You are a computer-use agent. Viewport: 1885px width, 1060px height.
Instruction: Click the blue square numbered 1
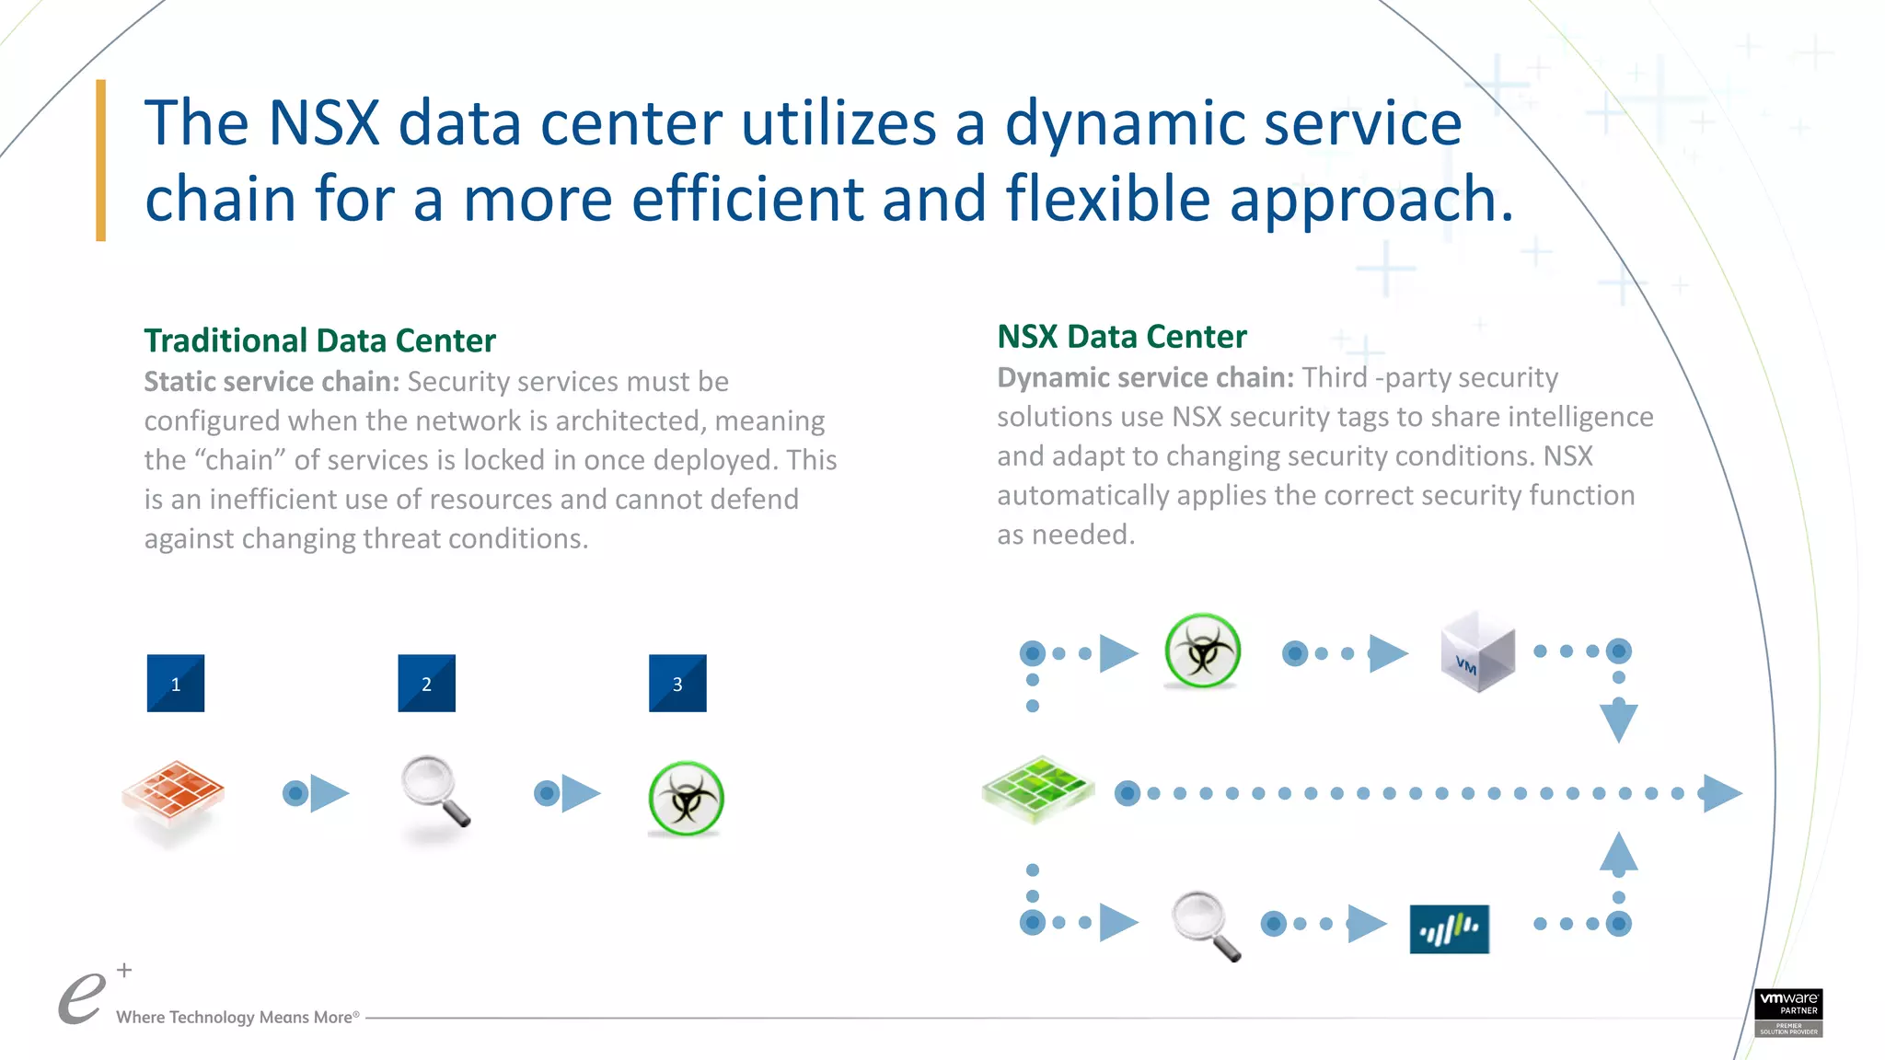(176, 684)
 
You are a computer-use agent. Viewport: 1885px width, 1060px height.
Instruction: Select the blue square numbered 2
(426, 684)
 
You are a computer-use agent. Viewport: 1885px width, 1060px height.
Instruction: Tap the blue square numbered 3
(677, 684)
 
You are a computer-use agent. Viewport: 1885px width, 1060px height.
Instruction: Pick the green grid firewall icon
(1038, 789)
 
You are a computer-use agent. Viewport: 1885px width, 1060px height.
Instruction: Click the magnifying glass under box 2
(434, 790)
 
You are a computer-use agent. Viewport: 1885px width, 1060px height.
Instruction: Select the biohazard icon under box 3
(686, 798)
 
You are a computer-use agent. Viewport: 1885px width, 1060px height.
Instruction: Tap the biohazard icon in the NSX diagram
(1202, 651)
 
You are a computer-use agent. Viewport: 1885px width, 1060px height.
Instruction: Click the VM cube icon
(1477, 652)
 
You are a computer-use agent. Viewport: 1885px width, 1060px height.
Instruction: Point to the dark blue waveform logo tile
(1449, 929)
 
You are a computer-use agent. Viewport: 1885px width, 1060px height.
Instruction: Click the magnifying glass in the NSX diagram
(1205, 924)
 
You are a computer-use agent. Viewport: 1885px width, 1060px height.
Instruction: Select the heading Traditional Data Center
(319, 340)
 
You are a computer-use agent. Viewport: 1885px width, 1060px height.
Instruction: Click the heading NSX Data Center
(1122, 337)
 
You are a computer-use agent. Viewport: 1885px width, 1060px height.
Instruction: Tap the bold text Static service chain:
(272, 382)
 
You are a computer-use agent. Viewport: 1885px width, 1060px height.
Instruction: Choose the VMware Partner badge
(1788, 1012)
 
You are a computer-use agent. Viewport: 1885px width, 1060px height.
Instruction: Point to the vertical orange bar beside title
(101, 161)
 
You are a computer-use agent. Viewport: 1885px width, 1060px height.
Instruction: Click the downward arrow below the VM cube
(1618, 720)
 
